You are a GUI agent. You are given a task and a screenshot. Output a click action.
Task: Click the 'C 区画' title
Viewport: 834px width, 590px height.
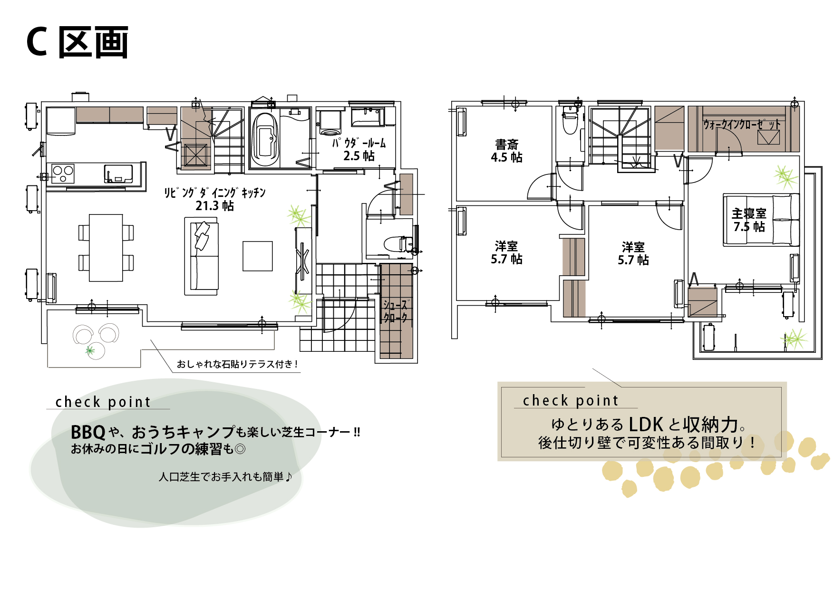pyautogui.click(x=77, y=42)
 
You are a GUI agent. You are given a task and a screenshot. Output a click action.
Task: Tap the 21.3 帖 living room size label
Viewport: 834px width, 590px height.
pyautogui.click(x=214, y=206)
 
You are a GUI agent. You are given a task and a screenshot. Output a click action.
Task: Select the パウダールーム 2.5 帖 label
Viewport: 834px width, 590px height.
pyautogui.click(x=359, y=149)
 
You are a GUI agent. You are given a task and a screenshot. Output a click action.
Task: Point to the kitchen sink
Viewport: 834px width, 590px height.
pyautogui.click(x=118, y=174)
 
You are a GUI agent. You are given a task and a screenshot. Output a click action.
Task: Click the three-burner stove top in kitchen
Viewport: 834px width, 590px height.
pyautogui.click(x=63, y=174)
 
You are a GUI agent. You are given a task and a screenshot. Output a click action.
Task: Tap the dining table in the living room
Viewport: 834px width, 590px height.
pyautogui.click(x=106, y=248)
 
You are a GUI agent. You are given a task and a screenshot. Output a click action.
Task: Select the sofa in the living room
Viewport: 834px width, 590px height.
pyautogui.click(x=202, y=256)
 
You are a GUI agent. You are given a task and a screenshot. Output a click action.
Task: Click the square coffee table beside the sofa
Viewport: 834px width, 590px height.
pyautogui.click(x=258, y=256)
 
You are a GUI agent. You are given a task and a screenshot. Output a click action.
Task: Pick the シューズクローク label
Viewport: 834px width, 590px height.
pyautogui.click(x=396, y=311)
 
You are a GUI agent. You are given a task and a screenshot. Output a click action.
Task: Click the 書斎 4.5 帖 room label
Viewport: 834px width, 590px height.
pyautogui.click(x=506, y=151)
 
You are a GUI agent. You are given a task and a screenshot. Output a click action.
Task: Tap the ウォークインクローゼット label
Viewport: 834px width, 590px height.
pyautogui.click(x=742, y=125)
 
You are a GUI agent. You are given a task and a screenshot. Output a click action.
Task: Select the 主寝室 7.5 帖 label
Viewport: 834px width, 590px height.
pyautogui.click(x=749, y=220)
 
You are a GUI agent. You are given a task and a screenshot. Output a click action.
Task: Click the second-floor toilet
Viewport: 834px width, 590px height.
pyautogui.click(x=570, y=121)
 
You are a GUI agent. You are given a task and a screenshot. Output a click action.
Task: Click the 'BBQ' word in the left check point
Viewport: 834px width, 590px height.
pyautogui.click(x=88, y=432)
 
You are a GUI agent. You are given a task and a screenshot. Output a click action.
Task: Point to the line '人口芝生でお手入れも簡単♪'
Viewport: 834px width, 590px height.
pyautogui.click(x=225, y=476)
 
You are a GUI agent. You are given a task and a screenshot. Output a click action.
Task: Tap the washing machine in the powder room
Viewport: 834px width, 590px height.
pyautogui.click(x=330, y=123)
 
